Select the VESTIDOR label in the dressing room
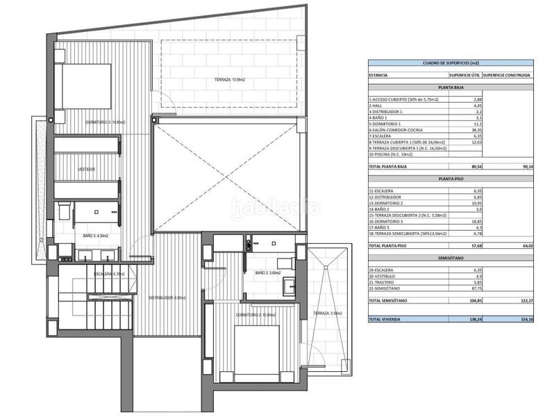(x=86, y=169)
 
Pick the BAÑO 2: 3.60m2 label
(x=267, y=273)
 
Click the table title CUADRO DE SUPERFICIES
(x=451, y=63)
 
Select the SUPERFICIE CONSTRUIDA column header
(x=508, y=74)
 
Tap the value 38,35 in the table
(x=476, y=130)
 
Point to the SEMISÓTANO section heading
(x=451, y=257)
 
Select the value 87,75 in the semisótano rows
(x=476, y=288)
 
